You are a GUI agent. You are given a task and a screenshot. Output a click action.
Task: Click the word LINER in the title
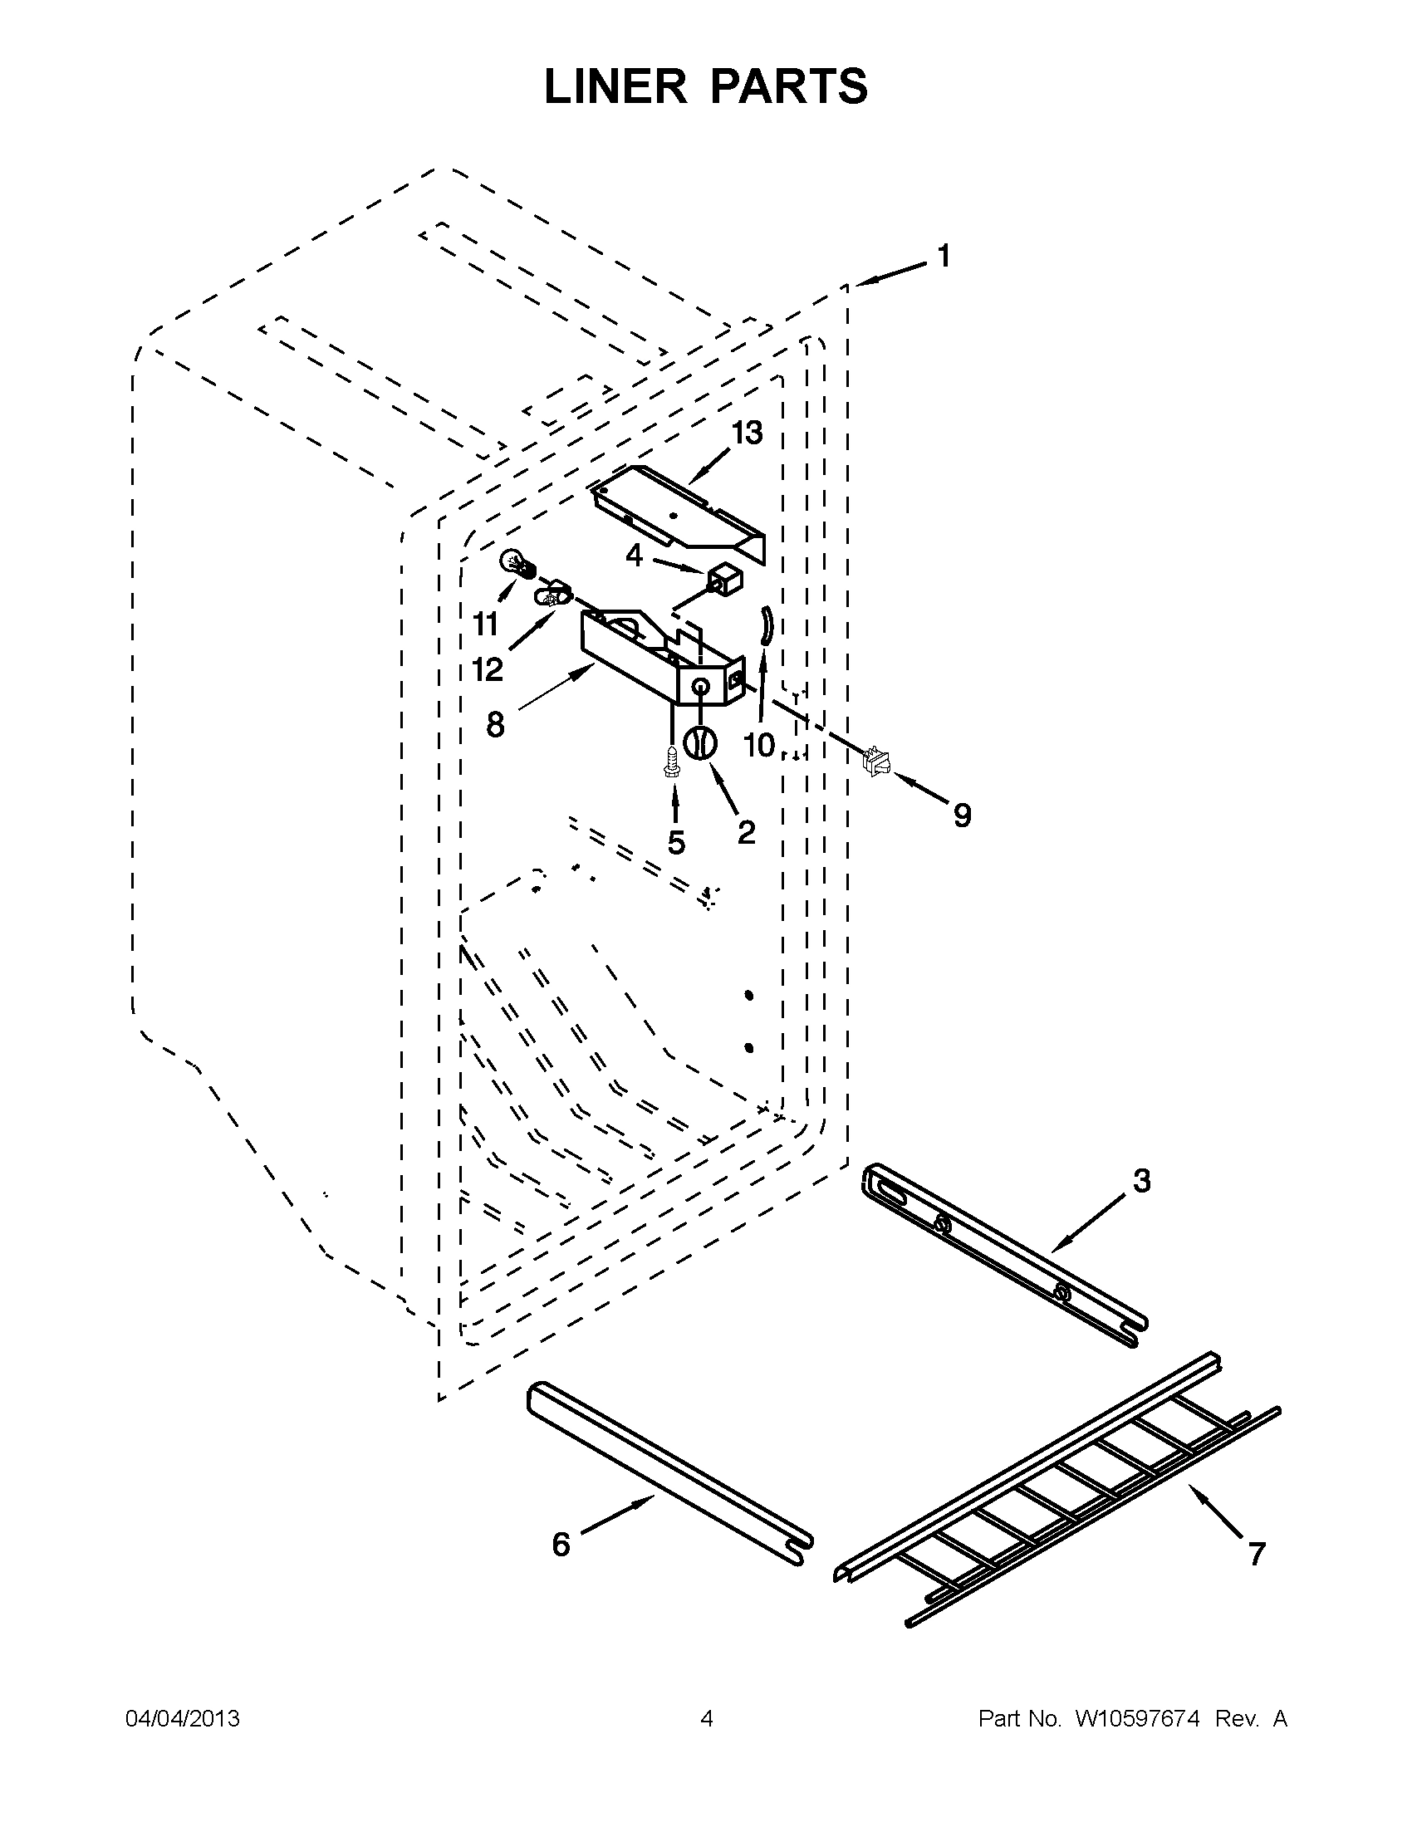615,86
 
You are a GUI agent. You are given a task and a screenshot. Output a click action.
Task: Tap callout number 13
747,433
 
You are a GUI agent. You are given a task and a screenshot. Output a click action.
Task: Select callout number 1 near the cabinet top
944,256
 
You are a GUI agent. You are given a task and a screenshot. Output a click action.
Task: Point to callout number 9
962,815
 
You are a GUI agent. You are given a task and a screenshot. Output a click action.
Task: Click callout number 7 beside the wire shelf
1256,1554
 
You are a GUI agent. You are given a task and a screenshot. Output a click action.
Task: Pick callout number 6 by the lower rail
561,1544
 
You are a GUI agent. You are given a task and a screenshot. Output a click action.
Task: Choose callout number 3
1141,1181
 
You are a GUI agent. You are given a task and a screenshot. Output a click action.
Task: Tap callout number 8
495,724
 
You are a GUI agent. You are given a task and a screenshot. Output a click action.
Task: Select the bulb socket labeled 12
552,597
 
